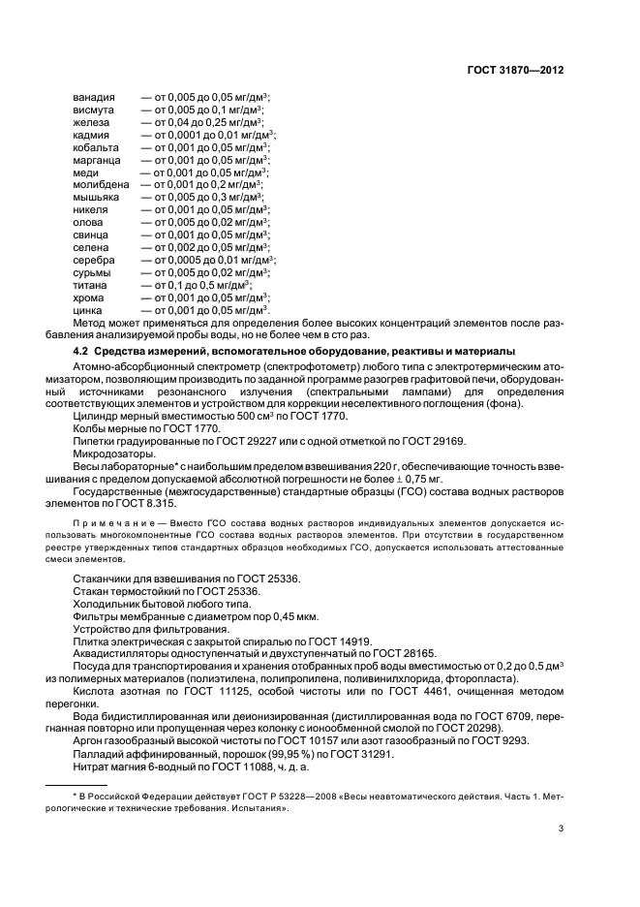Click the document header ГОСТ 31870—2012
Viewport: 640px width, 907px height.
[x=514, y=71]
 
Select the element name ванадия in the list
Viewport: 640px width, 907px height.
[x=94, y=98]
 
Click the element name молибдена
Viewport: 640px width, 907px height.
[x=101, y=183]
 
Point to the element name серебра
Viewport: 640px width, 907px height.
[x=94, y=261]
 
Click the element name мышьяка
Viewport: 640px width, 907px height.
[x=97, y=197]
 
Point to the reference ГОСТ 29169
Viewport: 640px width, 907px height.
[x=431, y=442]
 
